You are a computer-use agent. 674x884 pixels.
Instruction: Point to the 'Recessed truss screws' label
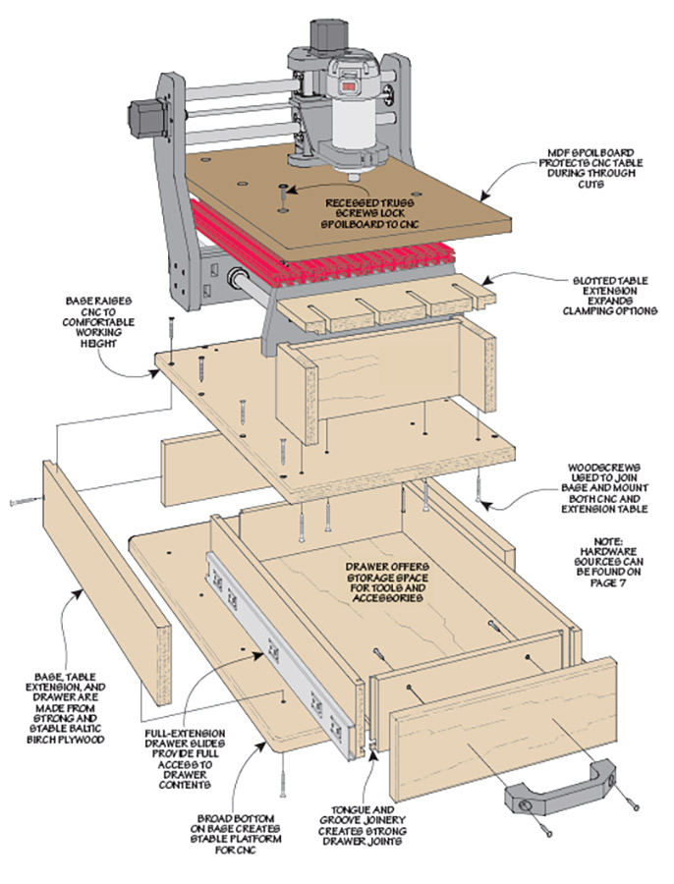(369, 208)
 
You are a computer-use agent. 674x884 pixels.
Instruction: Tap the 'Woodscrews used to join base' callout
(606, 485)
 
